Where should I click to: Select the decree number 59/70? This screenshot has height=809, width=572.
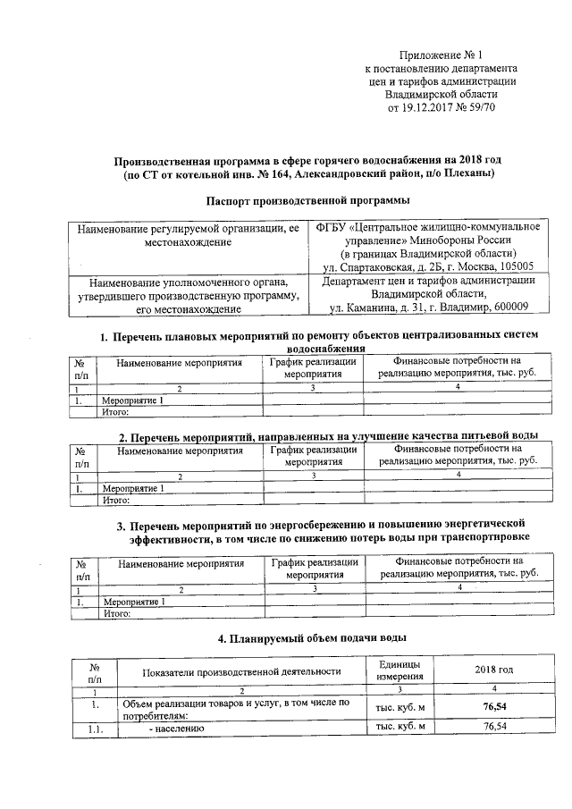point(480,107)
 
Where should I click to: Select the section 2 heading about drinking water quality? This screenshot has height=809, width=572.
point(327,436)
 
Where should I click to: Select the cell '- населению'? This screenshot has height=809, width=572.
point(177,728)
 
